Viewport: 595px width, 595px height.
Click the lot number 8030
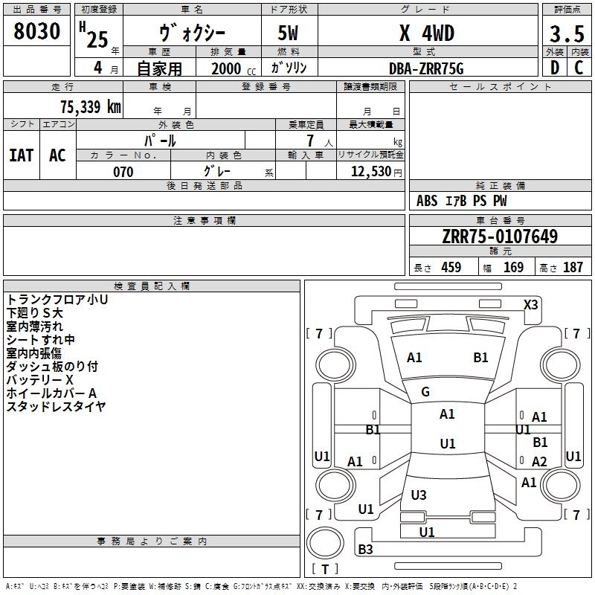36,30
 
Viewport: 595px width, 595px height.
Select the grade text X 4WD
427,33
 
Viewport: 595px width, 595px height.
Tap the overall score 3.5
567,33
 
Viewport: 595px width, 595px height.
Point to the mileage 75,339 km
91,107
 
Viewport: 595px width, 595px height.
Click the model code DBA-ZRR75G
426,68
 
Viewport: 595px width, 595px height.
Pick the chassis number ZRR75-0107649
500,236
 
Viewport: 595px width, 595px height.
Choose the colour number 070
123,172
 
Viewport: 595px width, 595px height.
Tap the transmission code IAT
22,155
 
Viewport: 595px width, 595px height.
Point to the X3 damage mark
530,305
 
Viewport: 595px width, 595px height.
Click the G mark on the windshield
425,392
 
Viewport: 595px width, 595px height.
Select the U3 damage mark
419,495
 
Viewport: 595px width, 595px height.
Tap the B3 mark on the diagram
365,549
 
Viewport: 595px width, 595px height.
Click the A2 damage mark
539,461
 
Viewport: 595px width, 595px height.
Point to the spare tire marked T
325,543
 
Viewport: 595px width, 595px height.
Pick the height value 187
573,267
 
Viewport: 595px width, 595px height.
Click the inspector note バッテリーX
40,380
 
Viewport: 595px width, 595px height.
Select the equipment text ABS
427,201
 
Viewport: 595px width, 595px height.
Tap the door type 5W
288,33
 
